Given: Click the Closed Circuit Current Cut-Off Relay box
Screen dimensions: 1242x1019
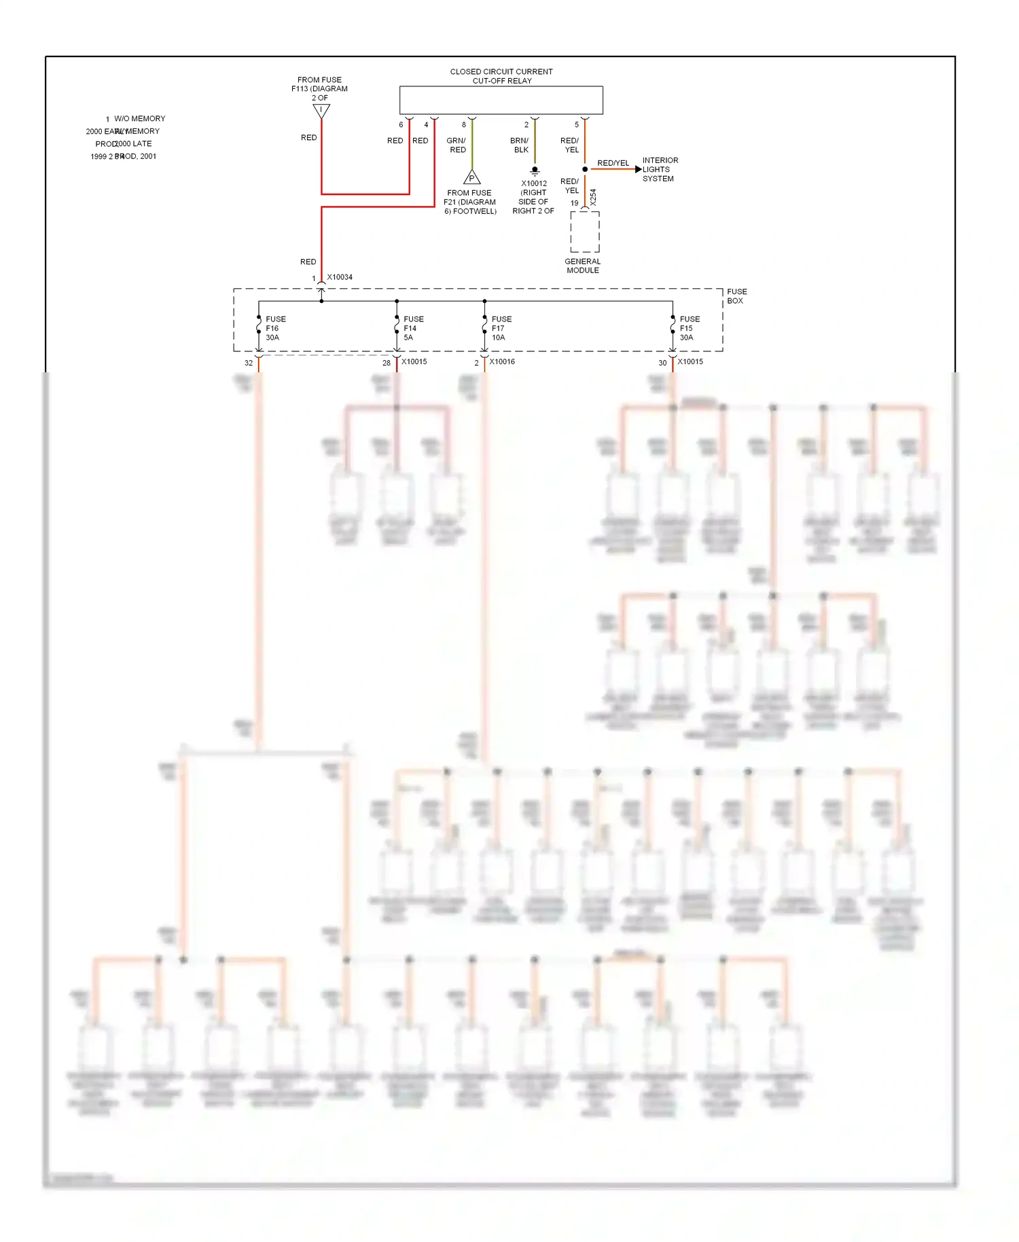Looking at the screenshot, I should point(501,100).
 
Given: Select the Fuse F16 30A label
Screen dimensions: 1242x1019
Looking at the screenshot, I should point(275,328).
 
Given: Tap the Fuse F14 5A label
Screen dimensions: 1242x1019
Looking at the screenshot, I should point(413,328).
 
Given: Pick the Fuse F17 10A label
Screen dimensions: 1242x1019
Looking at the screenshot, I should point(501,328).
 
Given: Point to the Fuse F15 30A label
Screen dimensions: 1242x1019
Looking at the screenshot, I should point(690,328).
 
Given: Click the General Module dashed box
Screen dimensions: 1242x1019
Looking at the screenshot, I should point(584,232).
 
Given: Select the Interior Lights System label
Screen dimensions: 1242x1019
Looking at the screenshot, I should point(660,170).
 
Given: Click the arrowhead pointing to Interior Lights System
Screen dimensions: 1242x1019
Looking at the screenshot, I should point(638,169).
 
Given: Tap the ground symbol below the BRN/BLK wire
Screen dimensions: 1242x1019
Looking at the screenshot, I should point(535,171).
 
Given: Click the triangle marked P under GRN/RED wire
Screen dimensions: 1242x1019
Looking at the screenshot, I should point(471,178).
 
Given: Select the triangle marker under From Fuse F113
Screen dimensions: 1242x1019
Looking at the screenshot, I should point(321,111).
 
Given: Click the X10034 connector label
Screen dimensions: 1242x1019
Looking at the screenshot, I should point(340,277).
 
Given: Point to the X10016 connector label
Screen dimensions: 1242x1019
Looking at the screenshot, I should point(502,361).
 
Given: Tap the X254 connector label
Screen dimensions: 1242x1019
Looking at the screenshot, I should point(593,198).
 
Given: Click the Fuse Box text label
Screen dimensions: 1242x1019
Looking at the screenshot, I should point(736,296).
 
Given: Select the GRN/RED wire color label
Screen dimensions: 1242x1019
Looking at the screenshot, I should point(457,145).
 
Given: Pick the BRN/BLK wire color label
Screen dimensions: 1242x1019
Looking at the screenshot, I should point(520,145).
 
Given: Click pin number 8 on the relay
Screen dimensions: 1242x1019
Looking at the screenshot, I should point(464,125).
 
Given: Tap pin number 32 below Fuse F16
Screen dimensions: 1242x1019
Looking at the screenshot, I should point(249,363).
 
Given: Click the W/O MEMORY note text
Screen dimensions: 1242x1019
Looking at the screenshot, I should point(139,119).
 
